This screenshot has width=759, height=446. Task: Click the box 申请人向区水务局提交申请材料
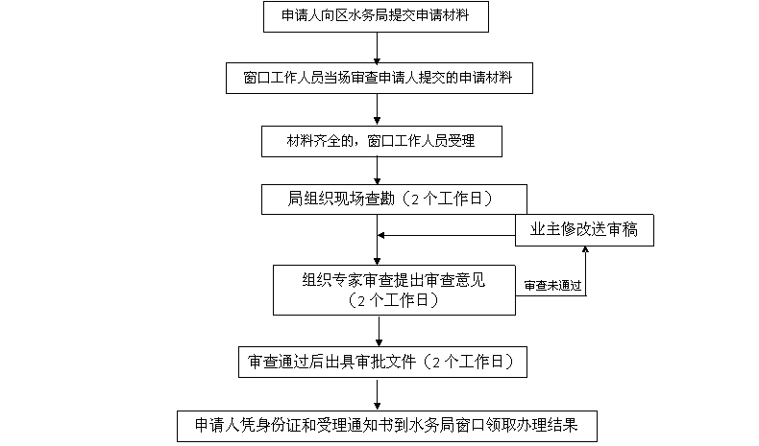tap(378, 16)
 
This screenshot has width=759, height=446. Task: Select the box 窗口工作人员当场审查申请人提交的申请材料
tap(379, 78)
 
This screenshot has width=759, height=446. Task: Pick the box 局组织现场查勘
tap(395, 199)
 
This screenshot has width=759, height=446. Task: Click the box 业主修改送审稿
tap(584, 229)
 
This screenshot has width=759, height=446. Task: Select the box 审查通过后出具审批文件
tap(380, 362)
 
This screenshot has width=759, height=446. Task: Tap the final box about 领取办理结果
tap(385, 424)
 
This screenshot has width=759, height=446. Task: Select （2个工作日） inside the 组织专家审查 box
tap(393, 300)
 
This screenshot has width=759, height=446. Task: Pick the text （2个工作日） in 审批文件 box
tap(467, 362)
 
